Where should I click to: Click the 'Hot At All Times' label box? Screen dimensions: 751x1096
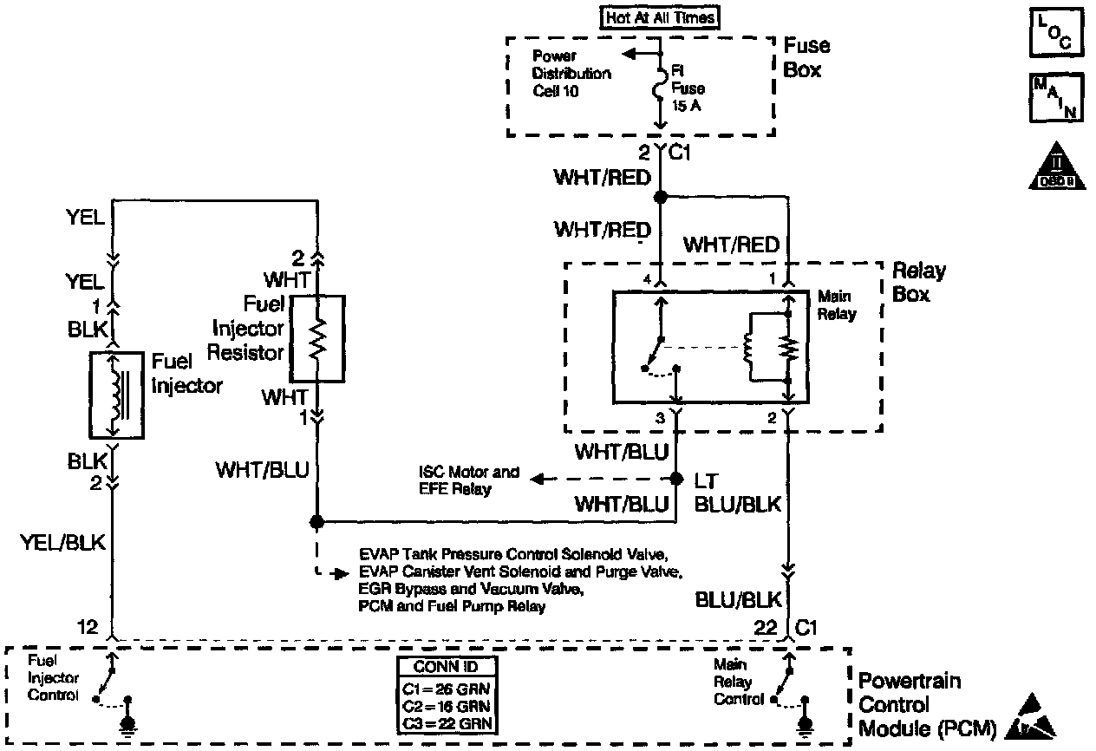click(x=662, y=16)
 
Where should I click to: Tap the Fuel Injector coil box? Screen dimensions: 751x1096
click(x=116, y=395)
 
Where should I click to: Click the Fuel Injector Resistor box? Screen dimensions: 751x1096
click(x=317, y=338)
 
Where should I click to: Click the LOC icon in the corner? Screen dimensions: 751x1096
click(x=1054, y=32)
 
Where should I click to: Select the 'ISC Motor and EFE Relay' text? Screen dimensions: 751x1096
click(x=468, y=480)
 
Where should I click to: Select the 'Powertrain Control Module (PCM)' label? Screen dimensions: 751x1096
click(x=923, y=704)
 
